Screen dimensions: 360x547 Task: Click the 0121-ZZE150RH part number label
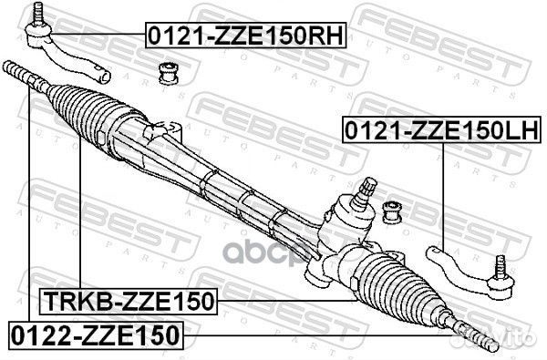click(x=248, y=37)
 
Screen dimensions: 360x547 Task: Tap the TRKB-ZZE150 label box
click(x=127, y=300)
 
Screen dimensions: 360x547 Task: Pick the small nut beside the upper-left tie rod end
click(x=169, y=71)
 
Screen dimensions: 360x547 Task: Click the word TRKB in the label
click(x=67, y=300)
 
